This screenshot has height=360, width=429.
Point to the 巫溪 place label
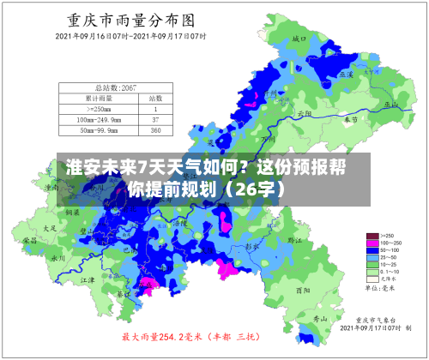(x=346, y=75)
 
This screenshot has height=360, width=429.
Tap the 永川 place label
(x=57, y=257)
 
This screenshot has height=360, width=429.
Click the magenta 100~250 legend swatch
(x=372, y=243)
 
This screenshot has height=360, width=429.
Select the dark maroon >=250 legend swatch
(x=372, y=235)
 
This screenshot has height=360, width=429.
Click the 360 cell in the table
(x=155, y=130)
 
